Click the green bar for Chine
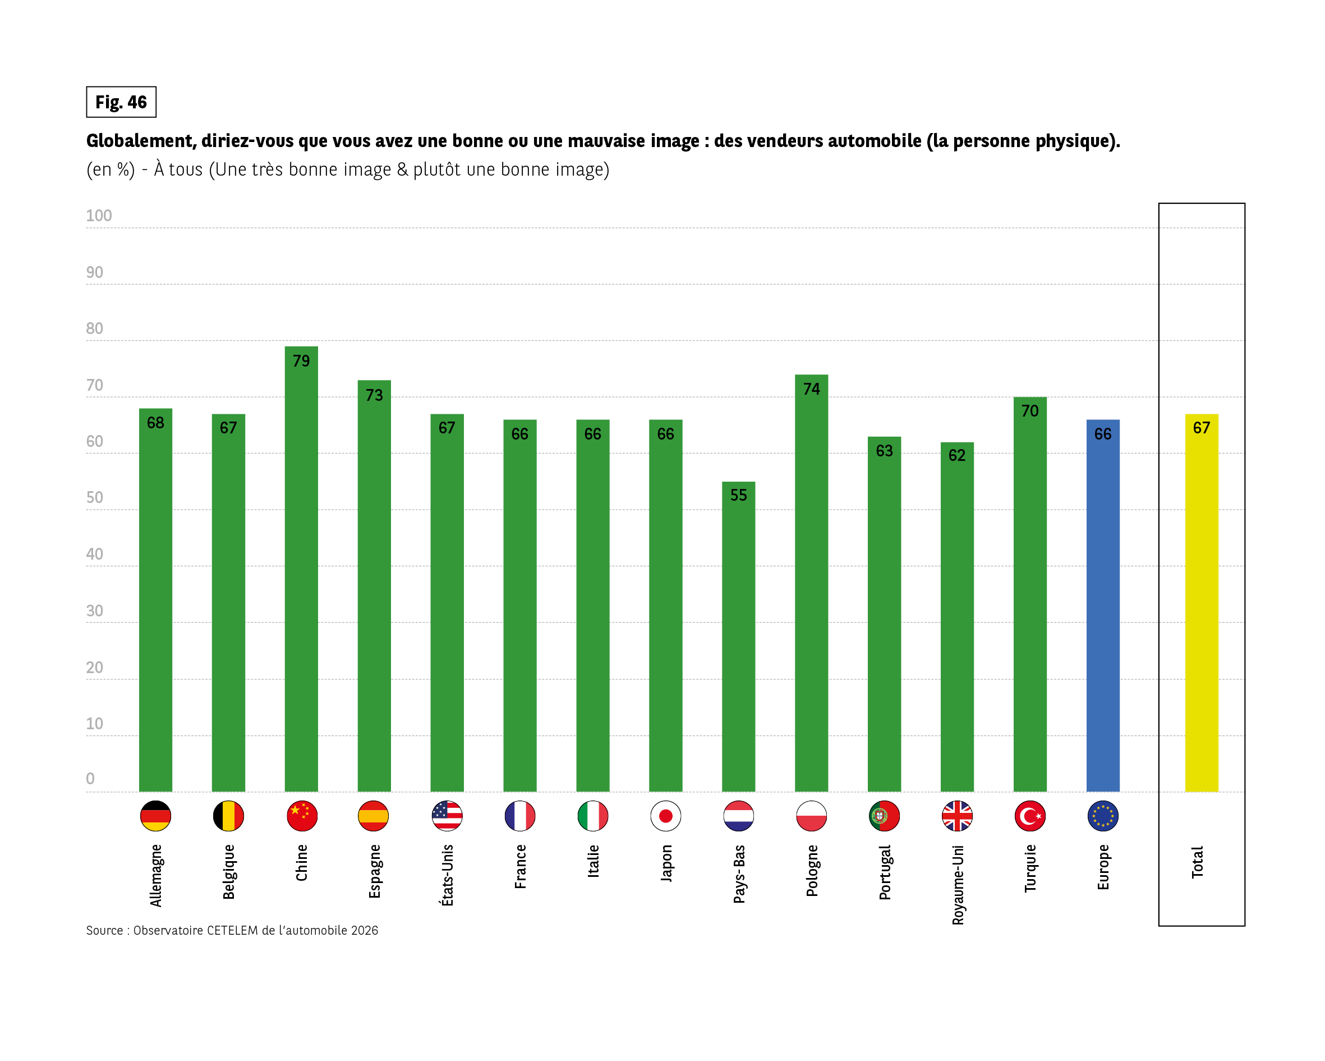pyautogui.click(x=301, y=572)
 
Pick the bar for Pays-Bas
pyautogui.click(x=738, y=639)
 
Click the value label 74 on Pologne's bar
pyautogui.click(x=811, y=388)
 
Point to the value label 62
pyautogui.click(x=957, y=455)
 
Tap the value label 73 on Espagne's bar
pyautogui.click(x=374, y=395)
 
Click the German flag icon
pyautogui.click(x=155, y=816)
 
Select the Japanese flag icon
pyautogui.click(x=665, y=816)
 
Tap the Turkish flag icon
pyautogui.click(x=1029, y=816)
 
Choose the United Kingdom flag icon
pyautogui.click(x=957, y=816)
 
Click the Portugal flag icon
pyautogui.click(x=884, y=816)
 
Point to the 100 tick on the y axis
pyautogui.click(x=98, y=216)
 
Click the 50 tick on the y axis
pyautogui.click(x=95, y=497)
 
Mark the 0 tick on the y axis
pyautogui.click(x=90, y=779)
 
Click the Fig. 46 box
pyautogui.click(x=121, y=102)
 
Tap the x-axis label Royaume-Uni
pyautogui.click(x=958, y=885)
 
